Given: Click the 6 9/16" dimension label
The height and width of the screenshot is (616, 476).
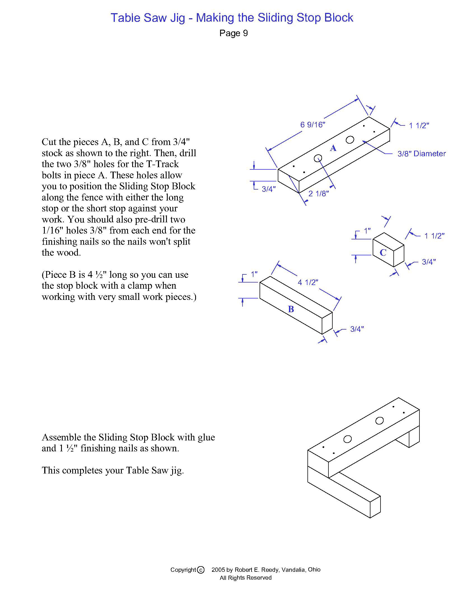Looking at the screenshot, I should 312,125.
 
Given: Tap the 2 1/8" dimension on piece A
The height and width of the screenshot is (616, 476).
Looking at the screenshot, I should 318,193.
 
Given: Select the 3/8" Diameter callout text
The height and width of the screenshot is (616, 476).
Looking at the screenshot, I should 422,154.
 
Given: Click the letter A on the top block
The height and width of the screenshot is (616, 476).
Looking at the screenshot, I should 333,148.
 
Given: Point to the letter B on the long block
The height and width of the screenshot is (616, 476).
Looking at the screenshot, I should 291,309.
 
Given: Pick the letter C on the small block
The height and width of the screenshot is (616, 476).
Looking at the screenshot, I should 383,253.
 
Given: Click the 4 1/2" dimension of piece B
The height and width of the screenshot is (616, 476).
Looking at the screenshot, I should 308,282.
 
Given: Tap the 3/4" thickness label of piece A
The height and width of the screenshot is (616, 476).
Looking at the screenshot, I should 269,189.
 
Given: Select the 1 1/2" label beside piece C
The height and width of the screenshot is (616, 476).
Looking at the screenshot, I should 434,236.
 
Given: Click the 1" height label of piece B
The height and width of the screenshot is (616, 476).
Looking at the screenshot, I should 254,274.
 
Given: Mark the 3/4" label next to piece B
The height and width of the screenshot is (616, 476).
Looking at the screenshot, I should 357,329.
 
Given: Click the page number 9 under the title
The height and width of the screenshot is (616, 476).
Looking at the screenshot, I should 245,33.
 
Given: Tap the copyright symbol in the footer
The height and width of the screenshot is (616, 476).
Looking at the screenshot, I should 200,570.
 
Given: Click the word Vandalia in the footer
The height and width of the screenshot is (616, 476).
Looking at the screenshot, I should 293,570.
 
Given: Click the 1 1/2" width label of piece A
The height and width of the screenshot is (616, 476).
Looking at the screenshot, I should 419,126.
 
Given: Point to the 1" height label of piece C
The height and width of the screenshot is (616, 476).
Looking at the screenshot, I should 367,231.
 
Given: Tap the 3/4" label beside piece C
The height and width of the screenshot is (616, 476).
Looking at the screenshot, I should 429,262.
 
